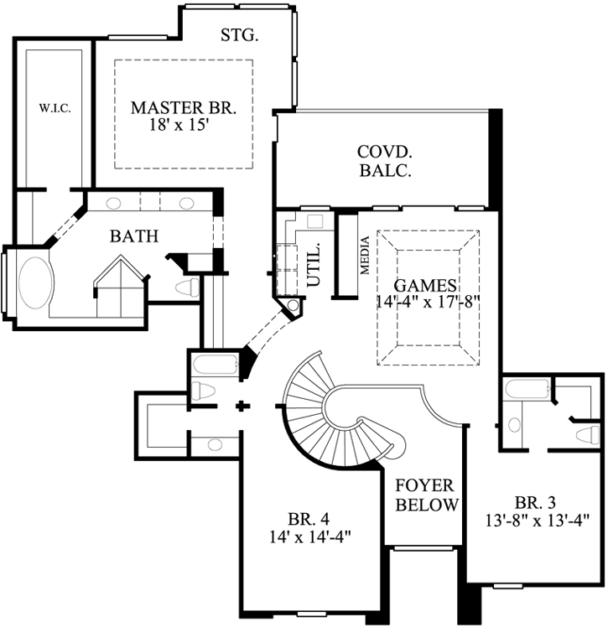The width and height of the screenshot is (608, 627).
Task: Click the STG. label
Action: point(239,35)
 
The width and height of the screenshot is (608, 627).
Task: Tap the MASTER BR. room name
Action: point(184,108)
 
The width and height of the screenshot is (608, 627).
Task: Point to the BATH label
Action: point(134,236)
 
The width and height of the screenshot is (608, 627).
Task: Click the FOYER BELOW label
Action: point(427,495)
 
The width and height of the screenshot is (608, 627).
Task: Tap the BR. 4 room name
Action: point(304,519)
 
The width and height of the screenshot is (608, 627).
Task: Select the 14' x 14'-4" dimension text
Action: point(304,536)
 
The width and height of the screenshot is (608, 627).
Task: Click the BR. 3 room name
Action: point(535,503)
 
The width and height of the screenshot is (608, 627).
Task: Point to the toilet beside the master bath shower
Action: point(188,288)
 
